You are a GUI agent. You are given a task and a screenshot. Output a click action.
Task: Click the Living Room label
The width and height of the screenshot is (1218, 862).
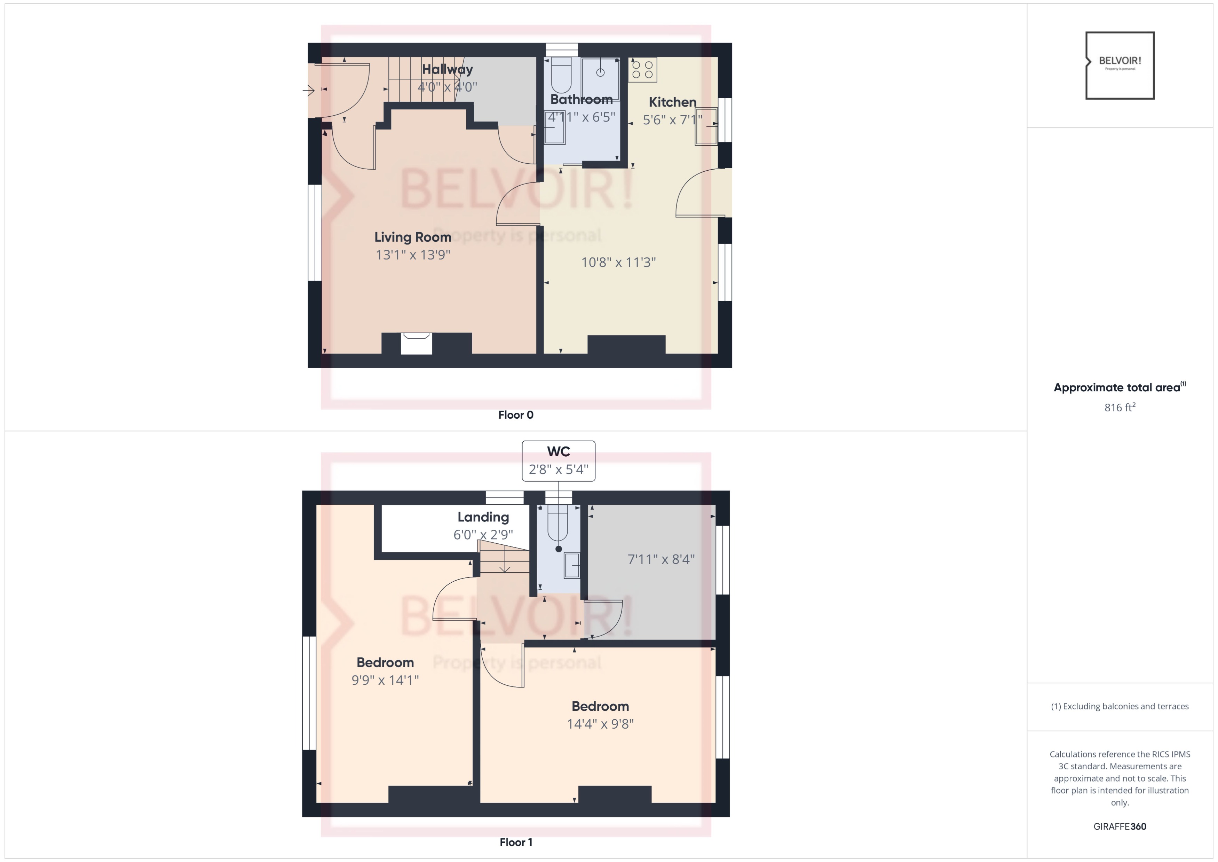[x=413, y=237]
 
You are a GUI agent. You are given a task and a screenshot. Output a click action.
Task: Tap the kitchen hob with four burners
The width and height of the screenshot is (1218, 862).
[x=642, y=70]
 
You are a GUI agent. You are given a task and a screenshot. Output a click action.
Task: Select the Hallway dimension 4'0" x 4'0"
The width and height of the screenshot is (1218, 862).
[x=447, y=87]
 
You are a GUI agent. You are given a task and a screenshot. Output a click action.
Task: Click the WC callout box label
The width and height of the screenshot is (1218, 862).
[x=558, y=452]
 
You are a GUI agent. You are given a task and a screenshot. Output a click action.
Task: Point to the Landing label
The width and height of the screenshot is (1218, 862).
[x=483, y=517]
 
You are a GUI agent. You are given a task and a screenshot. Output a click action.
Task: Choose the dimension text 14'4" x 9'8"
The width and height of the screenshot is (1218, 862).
[x=600, y=724]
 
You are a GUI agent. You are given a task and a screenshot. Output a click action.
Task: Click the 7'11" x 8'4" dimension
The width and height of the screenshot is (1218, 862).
[x=661, y=559]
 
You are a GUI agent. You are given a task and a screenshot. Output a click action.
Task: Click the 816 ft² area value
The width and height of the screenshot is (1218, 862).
[x=1119, y=407]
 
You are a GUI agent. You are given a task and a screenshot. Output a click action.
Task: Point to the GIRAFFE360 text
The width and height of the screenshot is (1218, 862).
[x=1119, y=826]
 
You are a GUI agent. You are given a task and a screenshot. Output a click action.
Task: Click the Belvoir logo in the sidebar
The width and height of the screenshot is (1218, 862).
[x=1119, y=65]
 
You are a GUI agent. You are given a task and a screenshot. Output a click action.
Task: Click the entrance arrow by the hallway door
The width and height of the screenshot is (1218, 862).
[x=309, y=91]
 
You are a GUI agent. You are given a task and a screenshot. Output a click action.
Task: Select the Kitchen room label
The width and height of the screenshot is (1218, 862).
[x=672, y=102]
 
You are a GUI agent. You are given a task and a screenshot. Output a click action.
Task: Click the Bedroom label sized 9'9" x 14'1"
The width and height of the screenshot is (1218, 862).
[x=385, y=662]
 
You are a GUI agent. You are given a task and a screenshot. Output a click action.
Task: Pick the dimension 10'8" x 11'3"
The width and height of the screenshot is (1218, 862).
[x=618, y=262]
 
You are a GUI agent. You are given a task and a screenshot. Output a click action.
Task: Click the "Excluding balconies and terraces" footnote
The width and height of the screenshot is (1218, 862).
[x=1119, y=706]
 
